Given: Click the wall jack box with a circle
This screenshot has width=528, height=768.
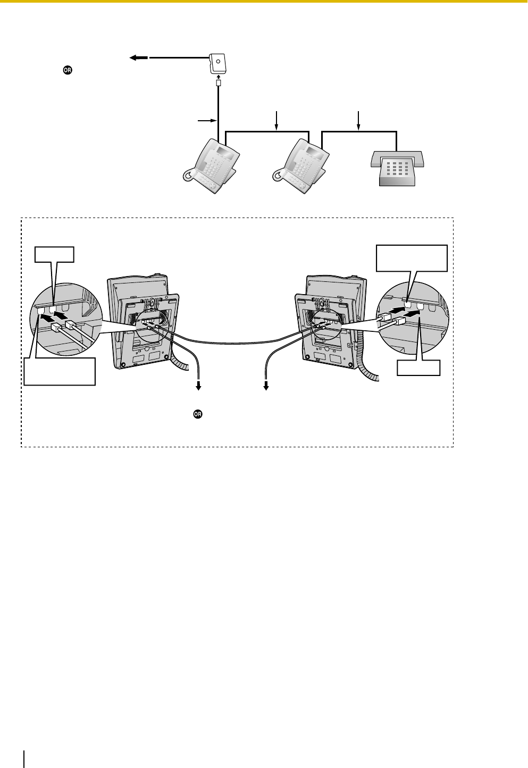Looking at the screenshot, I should click(x=217, y=63).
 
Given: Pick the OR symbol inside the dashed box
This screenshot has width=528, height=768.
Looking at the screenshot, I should click(x=197, y=415).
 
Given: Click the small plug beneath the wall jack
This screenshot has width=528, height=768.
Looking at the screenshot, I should click(x=218, y=84).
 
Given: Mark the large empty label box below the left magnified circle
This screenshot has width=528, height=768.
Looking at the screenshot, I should click(x=59, y=371).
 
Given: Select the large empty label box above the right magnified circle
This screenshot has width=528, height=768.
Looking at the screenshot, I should click(x=412, y=257).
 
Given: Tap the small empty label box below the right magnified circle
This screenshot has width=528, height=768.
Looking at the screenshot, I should click(x=418, y=368).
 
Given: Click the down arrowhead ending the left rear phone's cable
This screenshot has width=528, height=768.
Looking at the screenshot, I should click(x=199, y=387).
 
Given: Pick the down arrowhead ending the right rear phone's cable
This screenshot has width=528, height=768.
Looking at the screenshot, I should click(x=266, y=387).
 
